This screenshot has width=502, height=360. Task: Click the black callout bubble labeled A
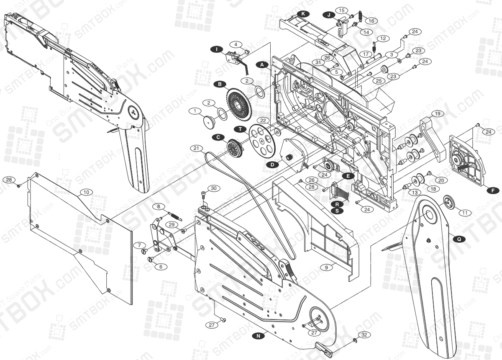pyautogui.click(x=262, y=65)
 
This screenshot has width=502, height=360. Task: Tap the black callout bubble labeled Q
pyautogui.click(x=459, y=239)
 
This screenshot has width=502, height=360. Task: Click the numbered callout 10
pyautogui.click(x=86, y=192)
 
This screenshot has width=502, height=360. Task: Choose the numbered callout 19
pyautogui.click(x=437, y=113)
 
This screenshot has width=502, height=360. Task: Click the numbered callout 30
pyautogui.click(x=213, y=188)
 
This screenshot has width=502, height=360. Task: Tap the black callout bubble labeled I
pyautogui.click(x=216, y=49)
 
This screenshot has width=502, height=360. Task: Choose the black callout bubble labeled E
pyautogui.click(x=347, y=176)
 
